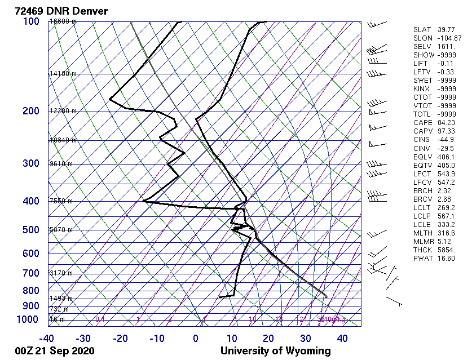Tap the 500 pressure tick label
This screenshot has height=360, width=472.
31,230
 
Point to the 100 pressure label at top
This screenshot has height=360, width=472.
31,21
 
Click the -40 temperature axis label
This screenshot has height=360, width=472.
47,339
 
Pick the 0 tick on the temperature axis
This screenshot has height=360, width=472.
195,339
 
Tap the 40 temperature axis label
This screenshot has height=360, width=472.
342,339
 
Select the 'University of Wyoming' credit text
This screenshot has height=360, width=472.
275,351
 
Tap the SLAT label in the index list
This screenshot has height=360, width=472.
422,30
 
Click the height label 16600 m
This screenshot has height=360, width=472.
63,21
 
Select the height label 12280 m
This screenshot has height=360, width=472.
63,111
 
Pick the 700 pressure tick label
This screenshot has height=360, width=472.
31,273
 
